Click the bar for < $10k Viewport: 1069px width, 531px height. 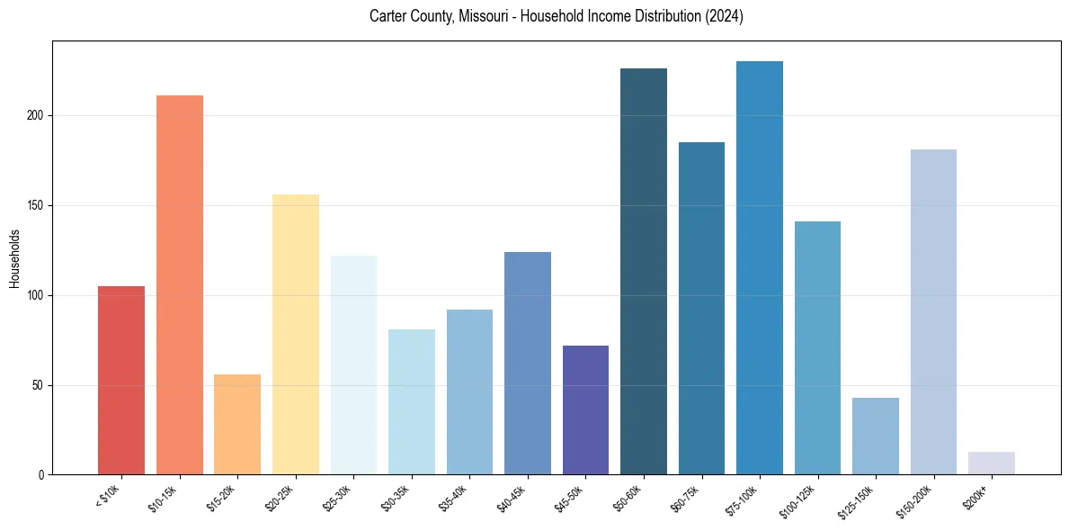[x=121, y=380]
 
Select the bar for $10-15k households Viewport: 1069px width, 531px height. [x=180, y=284]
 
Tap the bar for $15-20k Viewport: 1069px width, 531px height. [x=237, y=424]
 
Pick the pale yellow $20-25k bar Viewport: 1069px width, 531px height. [x=296, y=334]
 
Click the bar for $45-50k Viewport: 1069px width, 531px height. [x=585, y=409]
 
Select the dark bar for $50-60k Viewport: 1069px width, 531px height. [x=644, y=271]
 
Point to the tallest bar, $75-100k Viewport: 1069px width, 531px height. [x=760, y=267]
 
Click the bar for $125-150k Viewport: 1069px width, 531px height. [x=876, y=436]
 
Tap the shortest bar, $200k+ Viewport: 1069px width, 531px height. [x=992, y=463]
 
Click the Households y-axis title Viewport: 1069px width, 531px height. [x=14, y=258]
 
